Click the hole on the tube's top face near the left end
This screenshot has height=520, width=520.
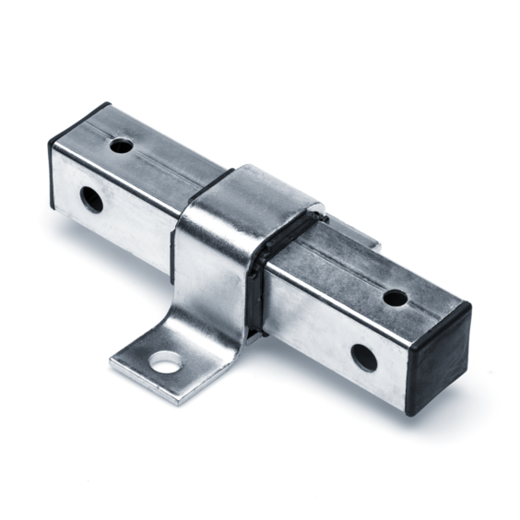tap(121, 145)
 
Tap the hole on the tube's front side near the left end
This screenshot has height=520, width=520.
tap(91, 198)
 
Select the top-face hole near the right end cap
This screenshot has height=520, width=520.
tap(395, 298)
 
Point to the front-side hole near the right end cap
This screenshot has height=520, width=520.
tap(364, 357)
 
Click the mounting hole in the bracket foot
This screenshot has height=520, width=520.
tap(167, 362)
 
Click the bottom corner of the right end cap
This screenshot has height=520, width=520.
tap(412, 410)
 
